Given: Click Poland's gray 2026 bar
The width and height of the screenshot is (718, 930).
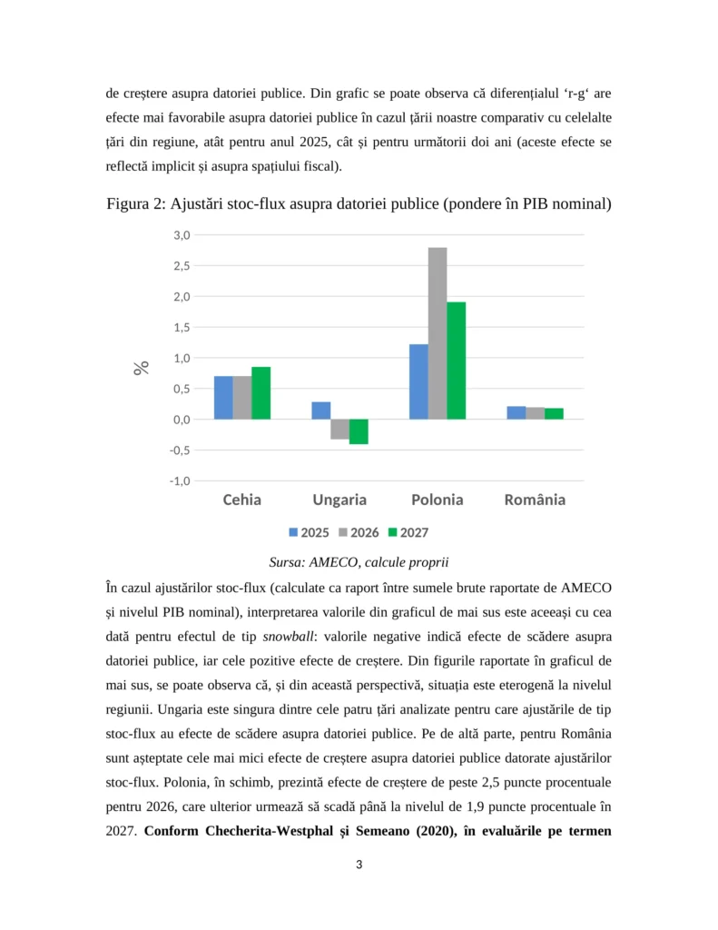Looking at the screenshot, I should click(x=438, y=333).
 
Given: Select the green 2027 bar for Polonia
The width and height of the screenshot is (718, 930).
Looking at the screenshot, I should click(x=456, y=361).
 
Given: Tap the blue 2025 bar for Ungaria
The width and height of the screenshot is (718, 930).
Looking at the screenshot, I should click(x=321, y=411).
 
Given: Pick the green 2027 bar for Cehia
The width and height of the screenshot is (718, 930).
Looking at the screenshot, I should click(x=261, y=393).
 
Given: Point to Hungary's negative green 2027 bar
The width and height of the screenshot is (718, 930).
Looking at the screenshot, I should click(x=359, y=431).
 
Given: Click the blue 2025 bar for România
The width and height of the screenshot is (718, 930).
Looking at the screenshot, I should click(x=516, y=412).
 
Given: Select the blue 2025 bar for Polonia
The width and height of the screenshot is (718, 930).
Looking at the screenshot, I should click(x=418, y=381).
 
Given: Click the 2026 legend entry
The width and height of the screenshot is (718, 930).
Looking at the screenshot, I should click(x=358, y=532).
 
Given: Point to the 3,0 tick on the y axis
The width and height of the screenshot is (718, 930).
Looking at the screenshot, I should click(x=181, y=235).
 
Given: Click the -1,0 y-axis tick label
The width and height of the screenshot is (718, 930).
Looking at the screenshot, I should click(x=179, y=481).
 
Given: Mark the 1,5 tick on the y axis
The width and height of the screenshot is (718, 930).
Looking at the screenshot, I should click(x=181, y=327).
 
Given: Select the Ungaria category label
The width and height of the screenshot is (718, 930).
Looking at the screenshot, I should click(x=339, y=500).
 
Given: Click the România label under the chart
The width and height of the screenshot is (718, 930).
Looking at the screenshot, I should click(x=535, y=500).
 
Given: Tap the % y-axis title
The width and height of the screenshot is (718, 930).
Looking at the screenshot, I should click(x=142, y=368).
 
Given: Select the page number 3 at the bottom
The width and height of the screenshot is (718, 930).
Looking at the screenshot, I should click(x=359, y=865).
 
